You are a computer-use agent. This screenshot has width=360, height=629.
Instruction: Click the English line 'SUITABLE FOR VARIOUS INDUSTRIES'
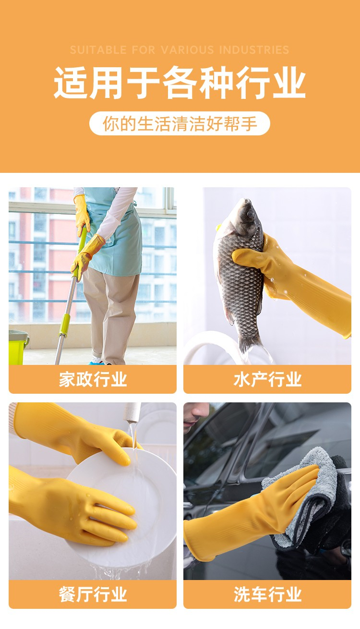[180, 50]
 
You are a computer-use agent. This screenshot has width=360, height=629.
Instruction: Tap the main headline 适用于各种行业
[180, 83]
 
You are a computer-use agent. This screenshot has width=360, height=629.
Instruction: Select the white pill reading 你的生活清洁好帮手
[180, 123]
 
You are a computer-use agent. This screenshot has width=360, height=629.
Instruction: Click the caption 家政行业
[93, 379]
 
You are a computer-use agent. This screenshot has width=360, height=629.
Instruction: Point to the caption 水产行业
[267, 379]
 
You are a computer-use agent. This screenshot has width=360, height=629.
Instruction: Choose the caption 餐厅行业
[93, 594]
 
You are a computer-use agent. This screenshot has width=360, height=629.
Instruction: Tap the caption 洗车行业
[267, 594]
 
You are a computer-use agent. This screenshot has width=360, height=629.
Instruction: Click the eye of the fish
[250, 214]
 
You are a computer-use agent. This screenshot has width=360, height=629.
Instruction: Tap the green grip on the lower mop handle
[65, 325]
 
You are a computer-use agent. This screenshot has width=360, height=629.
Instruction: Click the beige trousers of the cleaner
[112, 314]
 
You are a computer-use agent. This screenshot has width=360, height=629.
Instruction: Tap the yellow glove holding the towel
[250, 514]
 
